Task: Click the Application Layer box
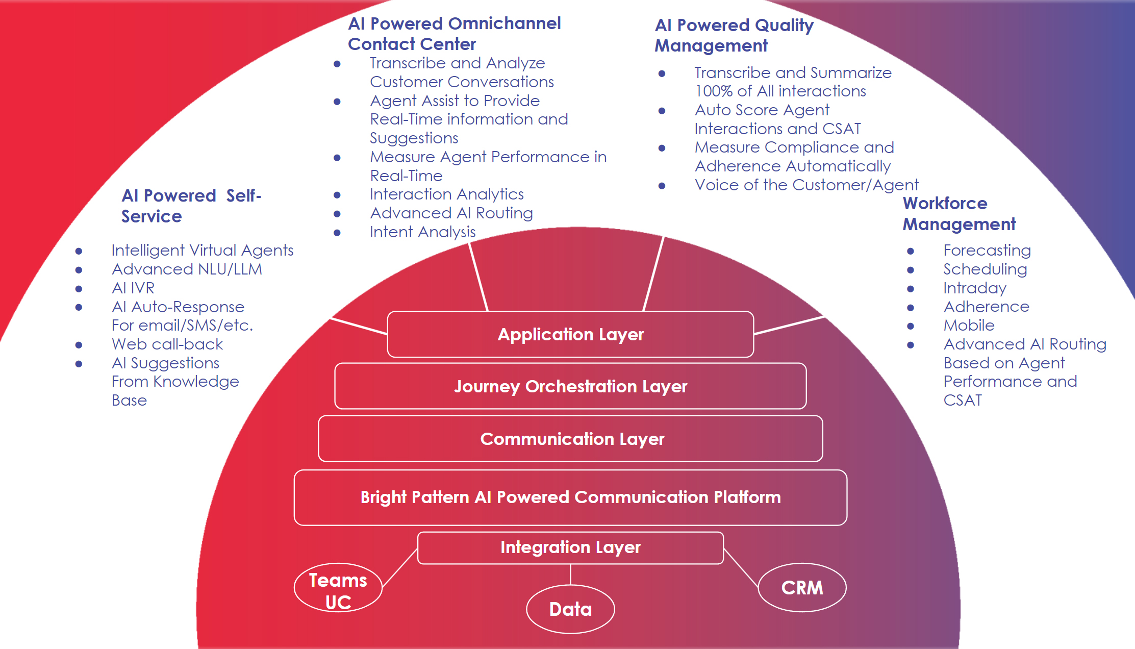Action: coord(570,334)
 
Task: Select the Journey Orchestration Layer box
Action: coord(570,386)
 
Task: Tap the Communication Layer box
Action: coord(570,439)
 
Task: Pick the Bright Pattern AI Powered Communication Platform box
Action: coord(570,497)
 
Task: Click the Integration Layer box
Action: coord(570,547)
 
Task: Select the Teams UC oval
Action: coord(338,588)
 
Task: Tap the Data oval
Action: coord(570,609)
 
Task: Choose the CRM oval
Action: coord(802,588)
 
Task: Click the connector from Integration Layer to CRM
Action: coord(741,568)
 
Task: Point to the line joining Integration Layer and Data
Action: coord(570,575)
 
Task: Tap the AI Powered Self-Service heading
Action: coord(191,206)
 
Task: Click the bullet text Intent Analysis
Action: coord(422,232)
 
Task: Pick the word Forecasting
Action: coord(987,251)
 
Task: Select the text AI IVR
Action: coord(133,288)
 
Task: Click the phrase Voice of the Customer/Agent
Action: coord(806,185)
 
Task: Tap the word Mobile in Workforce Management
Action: coord(969,326)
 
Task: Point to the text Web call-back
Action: coord(167,344)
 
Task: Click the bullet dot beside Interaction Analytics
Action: coord(337,195)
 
